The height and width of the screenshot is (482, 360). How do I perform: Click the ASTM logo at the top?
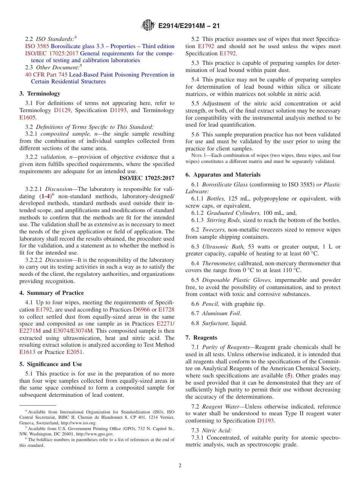[147, 26]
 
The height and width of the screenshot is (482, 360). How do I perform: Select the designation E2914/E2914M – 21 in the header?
[189, 26]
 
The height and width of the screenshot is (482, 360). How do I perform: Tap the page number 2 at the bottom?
[180, 465]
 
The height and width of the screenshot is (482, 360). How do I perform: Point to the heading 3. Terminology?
[40, 94]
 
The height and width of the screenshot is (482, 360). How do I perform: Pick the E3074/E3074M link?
[73, 330]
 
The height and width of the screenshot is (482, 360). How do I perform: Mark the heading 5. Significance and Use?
[50, 364]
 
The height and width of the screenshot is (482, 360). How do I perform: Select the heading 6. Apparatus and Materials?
[223, 175]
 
